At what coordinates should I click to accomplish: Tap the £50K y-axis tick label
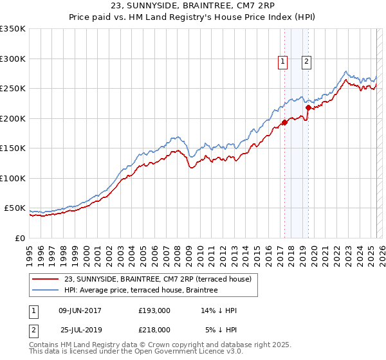[x=15, y=208]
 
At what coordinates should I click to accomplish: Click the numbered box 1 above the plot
[x=282, y=62]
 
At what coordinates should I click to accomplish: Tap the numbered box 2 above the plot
[x=306, y=62]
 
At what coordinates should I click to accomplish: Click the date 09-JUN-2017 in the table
[x=80, y=310]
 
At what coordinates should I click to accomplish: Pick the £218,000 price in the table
[x=154, y=329]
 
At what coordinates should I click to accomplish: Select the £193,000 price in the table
[x=154, y=310]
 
